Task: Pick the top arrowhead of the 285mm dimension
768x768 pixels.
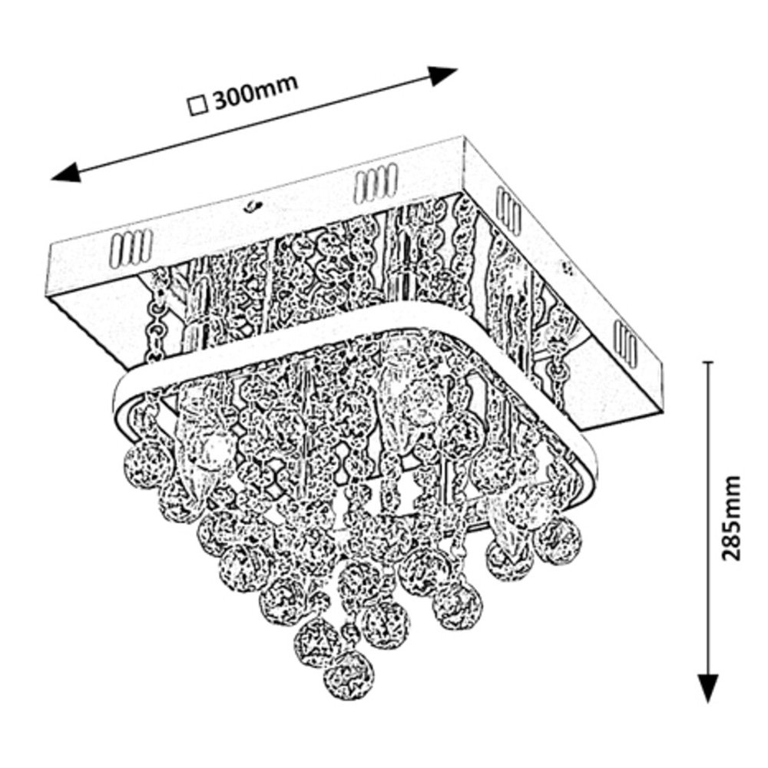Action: click(707, 369)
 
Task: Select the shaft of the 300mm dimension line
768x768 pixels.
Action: click(253, 124)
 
